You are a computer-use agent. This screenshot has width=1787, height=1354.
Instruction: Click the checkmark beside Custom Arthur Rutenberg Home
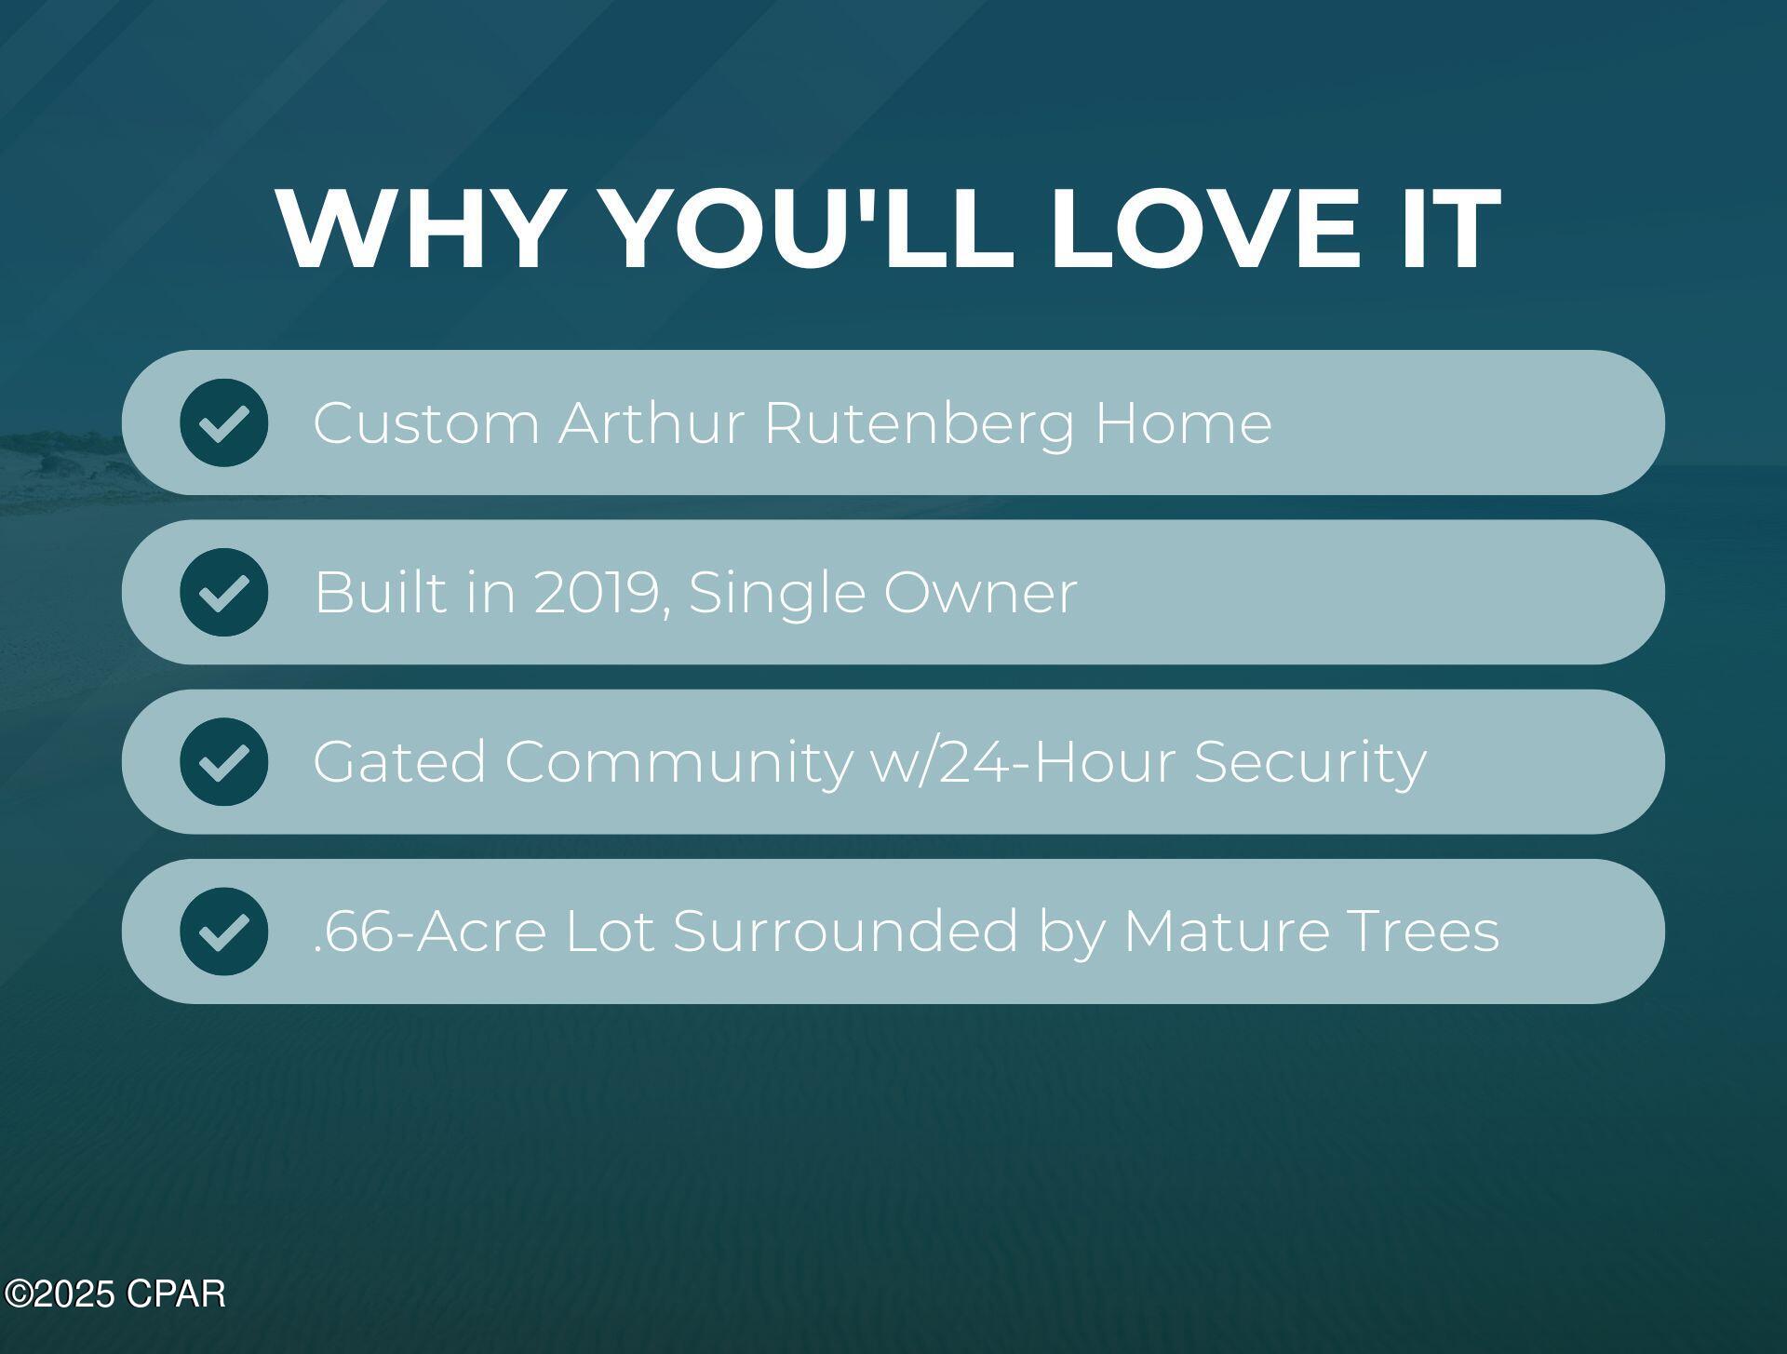(x=224, y=422)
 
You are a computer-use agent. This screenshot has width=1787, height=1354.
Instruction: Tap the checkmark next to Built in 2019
(x=224, y=592)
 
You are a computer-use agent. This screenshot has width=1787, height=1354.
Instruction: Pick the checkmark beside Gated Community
(x=224, y=762)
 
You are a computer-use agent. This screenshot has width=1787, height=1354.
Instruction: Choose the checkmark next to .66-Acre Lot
(x=224, y=932)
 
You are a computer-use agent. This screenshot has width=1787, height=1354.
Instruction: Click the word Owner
(x=980, y=594)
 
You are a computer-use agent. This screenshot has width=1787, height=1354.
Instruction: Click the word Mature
(x=1227, y=932)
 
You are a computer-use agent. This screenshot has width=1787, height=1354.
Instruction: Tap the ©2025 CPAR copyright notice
(x=114, y=1294)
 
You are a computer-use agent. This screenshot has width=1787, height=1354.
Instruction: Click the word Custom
(x=426, y=423)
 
